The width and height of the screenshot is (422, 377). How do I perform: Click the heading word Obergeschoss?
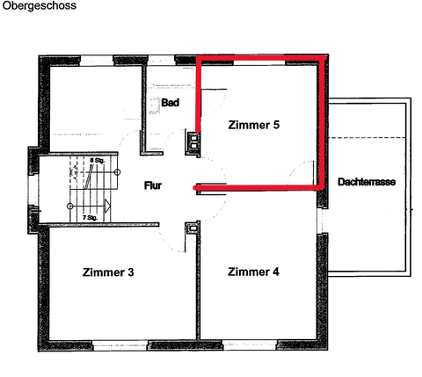(38, 6)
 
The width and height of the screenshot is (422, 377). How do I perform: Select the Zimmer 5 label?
(253, 126)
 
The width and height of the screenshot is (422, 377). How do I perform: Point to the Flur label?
(156, 186)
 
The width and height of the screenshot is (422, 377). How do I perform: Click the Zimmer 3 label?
(108, 272)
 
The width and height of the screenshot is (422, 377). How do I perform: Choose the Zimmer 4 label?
(253, 272)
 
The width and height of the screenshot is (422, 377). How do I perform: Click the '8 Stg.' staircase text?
(97, 163)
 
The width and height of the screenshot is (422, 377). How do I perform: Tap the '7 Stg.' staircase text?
(89, 216)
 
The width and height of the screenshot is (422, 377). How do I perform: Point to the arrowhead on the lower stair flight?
(107, 207)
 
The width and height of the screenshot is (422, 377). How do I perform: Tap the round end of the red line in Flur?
(195, 187)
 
